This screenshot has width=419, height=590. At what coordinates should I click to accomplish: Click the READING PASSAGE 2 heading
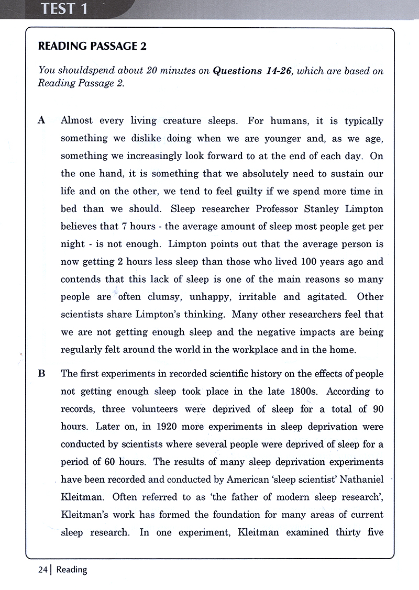[x=92, y=47]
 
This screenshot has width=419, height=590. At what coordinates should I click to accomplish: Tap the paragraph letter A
[x=42, y=121]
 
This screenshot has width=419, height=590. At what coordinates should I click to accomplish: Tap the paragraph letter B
[x=42, y=373]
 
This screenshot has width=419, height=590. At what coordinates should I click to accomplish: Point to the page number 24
[x=42, y=569]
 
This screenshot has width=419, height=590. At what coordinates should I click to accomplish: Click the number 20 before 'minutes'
[x=152, y=71]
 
